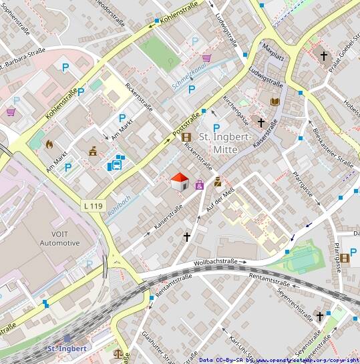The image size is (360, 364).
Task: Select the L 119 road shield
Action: click(x=94, y=205)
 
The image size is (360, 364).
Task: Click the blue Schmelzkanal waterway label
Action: click(x=189, y=75)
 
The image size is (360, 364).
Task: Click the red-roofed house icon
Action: click(x=179, y=182)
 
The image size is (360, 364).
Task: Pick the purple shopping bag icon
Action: click(x=199, y=185)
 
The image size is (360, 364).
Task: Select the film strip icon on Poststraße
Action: click(x=186, y=138)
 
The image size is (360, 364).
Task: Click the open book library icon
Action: click(x=274, y=102)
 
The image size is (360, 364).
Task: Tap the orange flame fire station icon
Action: click(x=49, y=143)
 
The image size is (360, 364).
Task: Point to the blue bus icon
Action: click(x=118, y=162)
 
